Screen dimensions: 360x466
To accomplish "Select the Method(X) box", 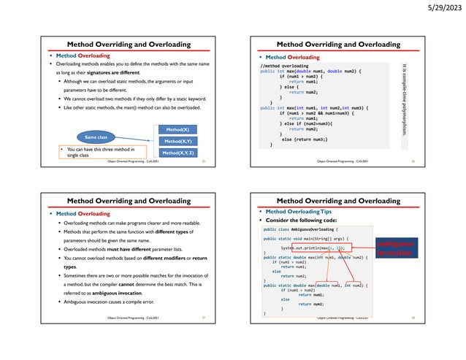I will click(x=176, y=129).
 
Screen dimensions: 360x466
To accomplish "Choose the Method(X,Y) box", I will click(x=176, y=141).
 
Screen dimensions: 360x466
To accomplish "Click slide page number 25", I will click(x=205, y=161).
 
